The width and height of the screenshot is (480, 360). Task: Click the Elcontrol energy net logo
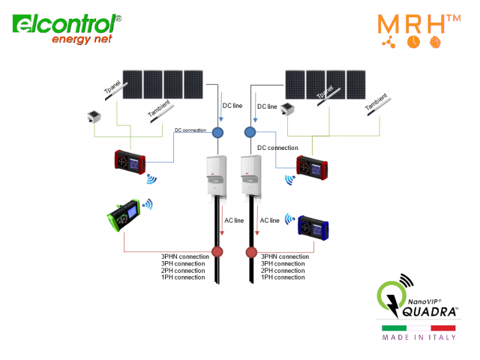click(66, 28)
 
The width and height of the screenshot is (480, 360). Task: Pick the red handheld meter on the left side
click(133, 163)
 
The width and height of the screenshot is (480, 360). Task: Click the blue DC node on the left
click(218, 133)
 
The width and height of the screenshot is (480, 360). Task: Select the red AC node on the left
click(218, 251)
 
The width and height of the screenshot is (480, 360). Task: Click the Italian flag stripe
click(418, 328)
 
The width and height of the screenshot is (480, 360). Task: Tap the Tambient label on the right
click(376, 105)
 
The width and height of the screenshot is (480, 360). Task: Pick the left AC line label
click(235, 220)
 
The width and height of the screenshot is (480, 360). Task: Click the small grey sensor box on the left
click(95, 118)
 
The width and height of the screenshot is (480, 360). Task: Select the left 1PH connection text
click(183, 277)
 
